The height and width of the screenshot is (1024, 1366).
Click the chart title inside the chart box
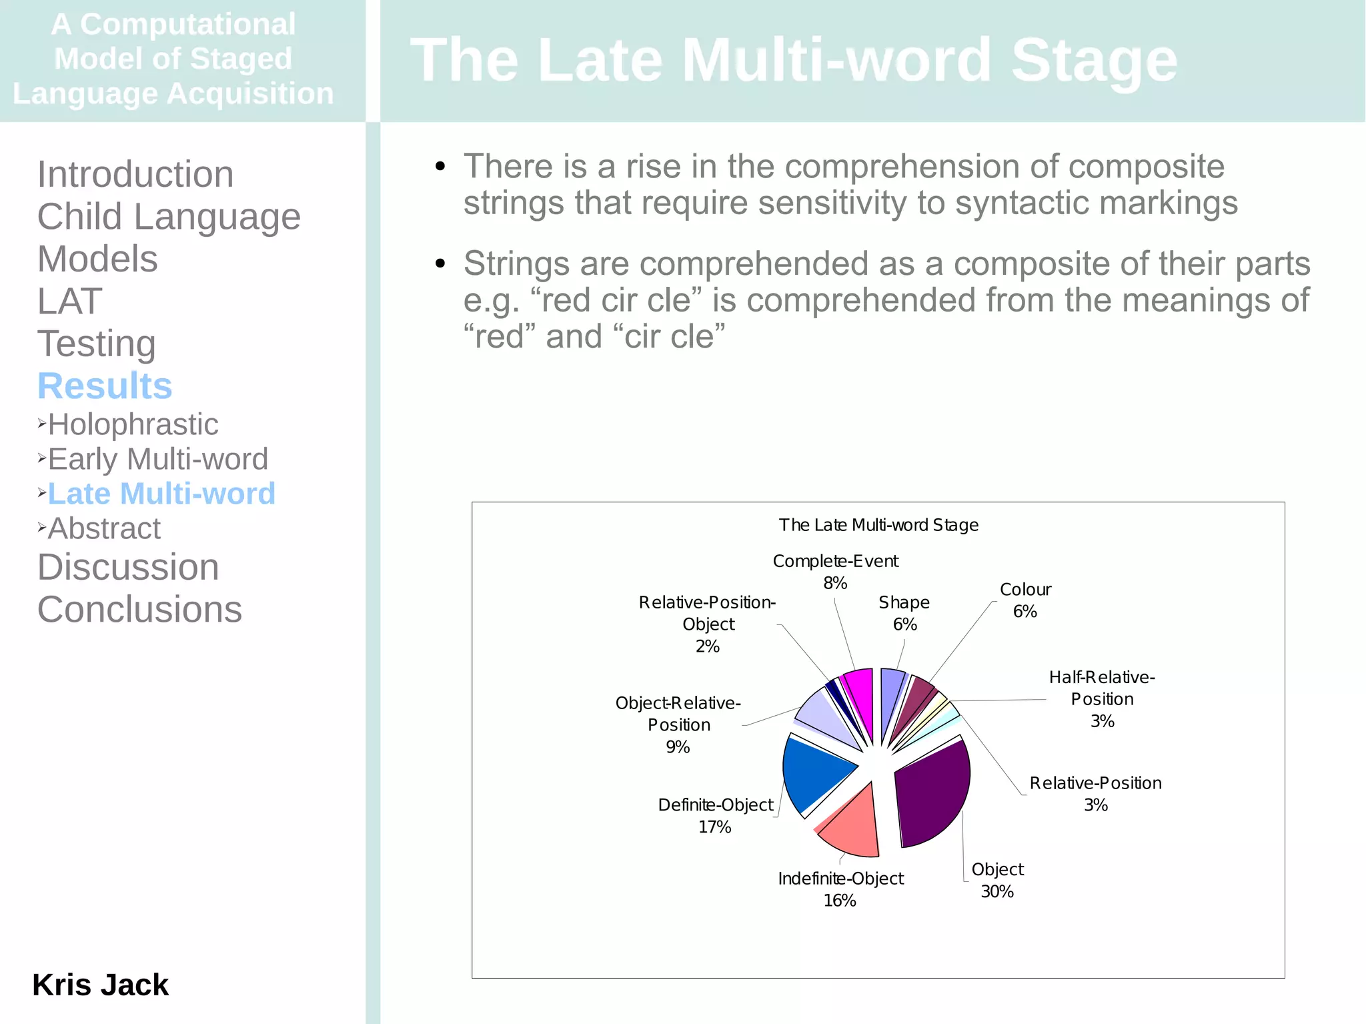[x=878, y=525]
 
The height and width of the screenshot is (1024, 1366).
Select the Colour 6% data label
[x=1025, y=600]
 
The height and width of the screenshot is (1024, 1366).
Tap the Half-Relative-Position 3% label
[x=1102, y=698]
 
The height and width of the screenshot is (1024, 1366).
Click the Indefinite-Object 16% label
[x=840, y=889]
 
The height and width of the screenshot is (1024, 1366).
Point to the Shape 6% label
[x=904, y=613]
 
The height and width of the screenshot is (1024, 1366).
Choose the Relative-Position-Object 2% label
[x=708, y=624]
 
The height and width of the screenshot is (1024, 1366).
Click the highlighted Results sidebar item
[x=105, y=386]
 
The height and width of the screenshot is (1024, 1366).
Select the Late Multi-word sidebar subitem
[x=161, y=494]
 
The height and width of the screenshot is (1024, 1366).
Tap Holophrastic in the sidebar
[x=133, y=424]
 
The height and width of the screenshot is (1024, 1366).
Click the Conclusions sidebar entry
[x=139, y=609]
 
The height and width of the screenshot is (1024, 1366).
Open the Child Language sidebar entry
[x=169, y=216]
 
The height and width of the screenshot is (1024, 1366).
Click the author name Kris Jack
[x=100, y=985]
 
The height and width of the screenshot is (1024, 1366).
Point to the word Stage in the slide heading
[x=1094, y=60]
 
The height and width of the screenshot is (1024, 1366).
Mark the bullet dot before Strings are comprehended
[x=440, y=264]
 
